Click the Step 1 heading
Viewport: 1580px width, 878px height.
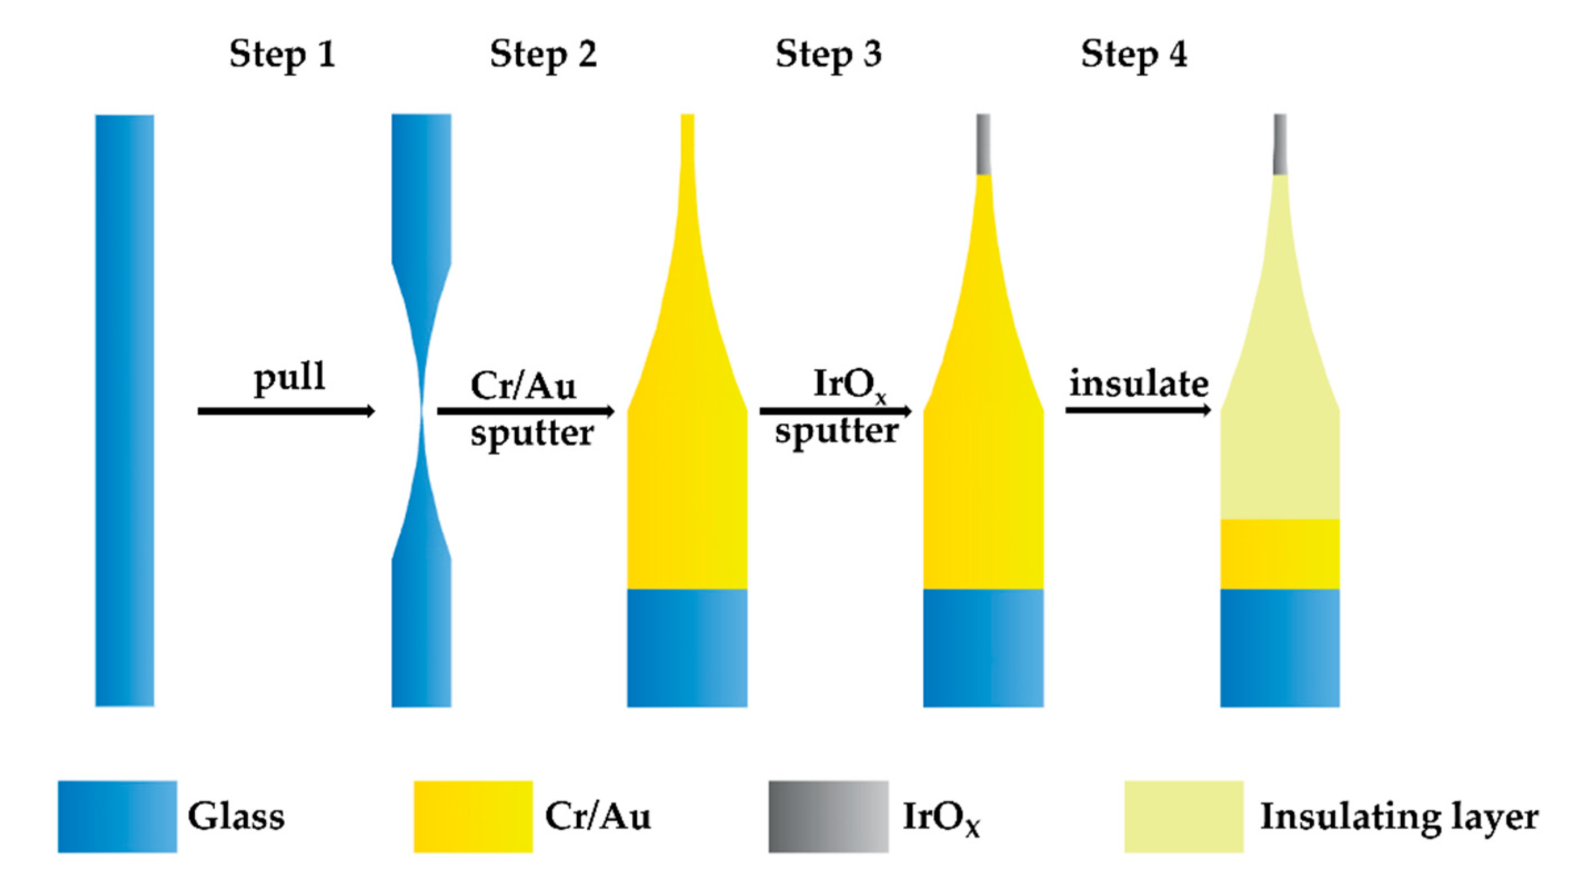(x=282, y=54)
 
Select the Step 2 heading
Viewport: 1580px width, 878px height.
(x=543, y=54)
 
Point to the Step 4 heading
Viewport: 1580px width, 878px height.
(x=1134, y=54)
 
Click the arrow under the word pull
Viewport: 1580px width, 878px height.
(x=286, y=411)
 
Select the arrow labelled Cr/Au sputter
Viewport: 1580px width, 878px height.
(x=526, y=411)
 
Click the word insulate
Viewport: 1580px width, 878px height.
(x=1139, y=384)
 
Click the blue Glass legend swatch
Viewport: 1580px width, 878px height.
(x=117, y=816)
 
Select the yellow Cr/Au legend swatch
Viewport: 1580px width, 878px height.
(x=473, y=816)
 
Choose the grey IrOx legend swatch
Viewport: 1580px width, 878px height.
(x=828, y=816)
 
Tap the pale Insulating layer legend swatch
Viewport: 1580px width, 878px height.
(x=1184, y=816)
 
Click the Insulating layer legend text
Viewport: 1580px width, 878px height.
(x=1399, y=818)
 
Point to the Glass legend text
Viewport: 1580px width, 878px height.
(x=236, y=816)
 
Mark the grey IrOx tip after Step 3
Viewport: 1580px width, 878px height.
(x=983, y=144)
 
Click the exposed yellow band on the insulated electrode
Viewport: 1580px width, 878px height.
(x=1280, y=554)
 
